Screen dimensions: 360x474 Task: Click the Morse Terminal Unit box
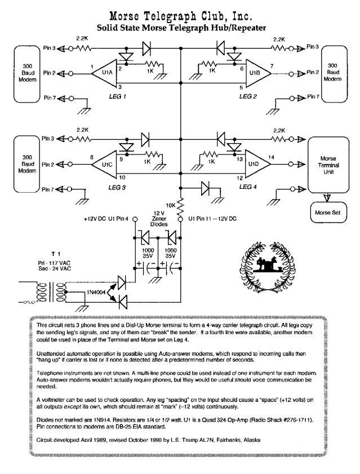coord(328,165)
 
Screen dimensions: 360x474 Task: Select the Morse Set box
coord(328,212)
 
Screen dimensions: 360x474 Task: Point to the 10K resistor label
coord(171,206)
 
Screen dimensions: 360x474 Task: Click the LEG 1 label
coord(117,96)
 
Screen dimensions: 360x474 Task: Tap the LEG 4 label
coord(248,187)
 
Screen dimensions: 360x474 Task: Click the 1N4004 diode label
coord(96,293)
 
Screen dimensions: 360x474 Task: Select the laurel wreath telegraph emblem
coord(268,267)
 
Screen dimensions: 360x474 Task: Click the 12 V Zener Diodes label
coord(159,219)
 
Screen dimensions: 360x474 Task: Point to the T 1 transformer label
coord(56,254)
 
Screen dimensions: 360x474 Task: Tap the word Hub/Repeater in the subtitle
coord(235,28)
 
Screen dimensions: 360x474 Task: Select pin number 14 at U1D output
coord(271,157)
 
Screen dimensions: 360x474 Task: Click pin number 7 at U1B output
coord(272,66)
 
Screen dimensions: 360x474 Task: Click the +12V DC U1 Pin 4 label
coord(106,219)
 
